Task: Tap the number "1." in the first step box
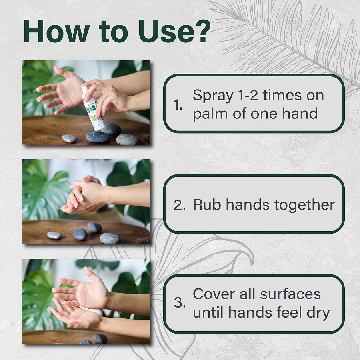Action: pos(178,106)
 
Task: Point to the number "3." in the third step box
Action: pos(179,303)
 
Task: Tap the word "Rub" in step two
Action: pos(206,205)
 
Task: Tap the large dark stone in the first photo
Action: pos(98,137)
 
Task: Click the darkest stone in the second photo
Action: pos(80,234)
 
